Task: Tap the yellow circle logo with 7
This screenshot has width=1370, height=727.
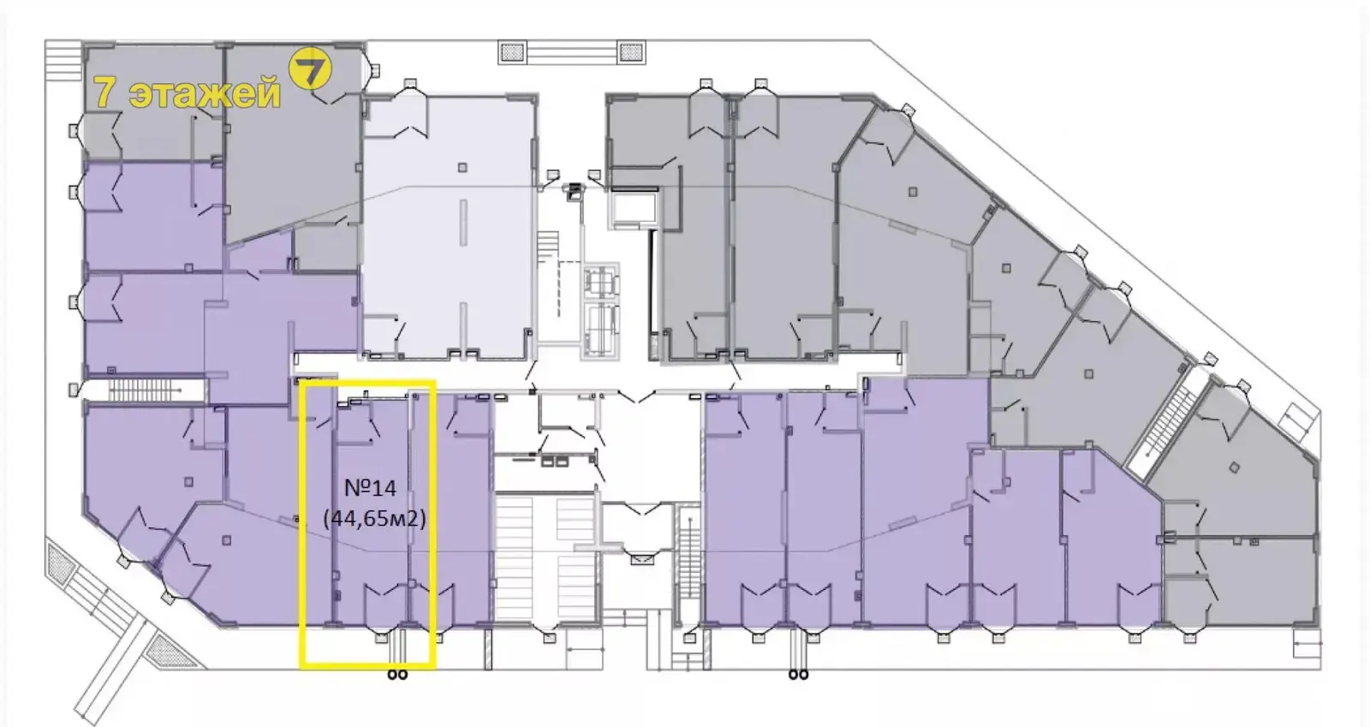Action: [310, 69]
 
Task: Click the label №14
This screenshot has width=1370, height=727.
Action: [370, 488]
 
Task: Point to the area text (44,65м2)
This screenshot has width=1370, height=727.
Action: [374, 518]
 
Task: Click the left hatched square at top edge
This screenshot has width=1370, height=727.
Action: [512, 52]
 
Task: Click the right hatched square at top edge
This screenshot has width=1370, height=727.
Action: [631, 52]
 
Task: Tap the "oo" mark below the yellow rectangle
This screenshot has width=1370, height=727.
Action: [397, 675]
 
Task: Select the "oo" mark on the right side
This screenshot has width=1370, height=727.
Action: [798, 675]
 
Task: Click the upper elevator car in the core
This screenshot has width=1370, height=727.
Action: [600, 281]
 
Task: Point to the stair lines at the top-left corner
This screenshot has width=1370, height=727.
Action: [63, 60]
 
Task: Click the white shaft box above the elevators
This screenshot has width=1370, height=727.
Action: [633, 210]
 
